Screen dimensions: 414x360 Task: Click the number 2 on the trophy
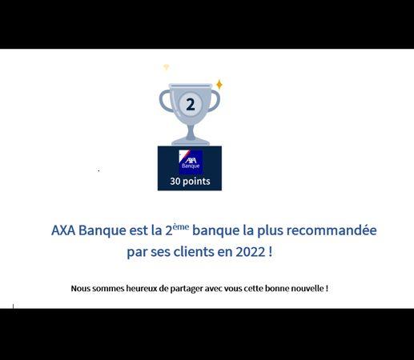(191, 105)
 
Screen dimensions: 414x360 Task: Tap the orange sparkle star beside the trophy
(219, 84)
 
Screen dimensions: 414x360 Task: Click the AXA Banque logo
(191, 161)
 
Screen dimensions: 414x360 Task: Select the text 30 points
(190, 182)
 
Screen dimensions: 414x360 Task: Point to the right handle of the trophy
(215, 101)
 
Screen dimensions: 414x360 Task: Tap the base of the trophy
(191, 141)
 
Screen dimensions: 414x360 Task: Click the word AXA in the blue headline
(63, 230)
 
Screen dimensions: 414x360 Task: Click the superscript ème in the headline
(181, 227)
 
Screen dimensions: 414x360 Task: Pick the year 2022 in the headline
(251, 252)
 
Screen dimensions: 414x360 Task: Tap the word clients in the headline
(194, 251)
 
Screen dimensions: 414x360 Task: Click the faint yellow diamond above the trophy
(166, 66)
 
